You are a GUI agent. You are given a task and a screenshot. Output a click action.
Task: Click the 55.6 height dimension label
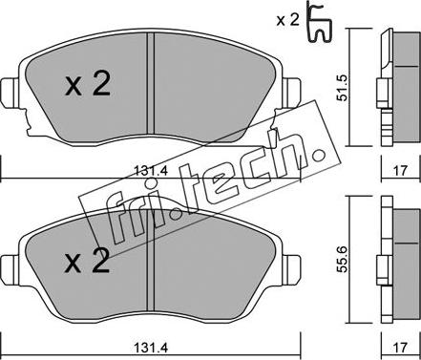tap(342, 259)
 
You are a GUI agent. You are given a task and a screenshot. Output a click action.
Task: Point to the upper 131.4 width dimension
tap(151, 171)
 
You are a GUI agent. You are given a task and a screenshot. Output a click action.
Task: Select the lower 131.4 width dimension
tap(151, 348)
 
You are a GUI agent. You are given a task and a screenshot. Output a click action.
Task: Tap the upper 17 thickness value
tap(401, 171)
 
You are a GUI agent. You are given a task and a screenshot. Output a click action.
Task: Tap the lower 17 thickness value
tap(401, 347)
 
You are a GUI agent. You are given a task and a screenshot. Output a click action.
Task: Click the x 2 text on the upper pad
tap(88, 84)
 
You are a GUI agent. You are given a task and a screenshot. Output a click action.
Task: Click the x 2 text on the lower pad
tap(87, 261)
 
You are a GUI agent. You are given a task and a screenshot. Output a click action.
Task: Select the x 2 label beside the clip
tap(287, 21)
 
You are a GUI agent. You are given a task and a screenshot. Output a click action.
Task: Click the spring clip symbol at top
tap(320, 21)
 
